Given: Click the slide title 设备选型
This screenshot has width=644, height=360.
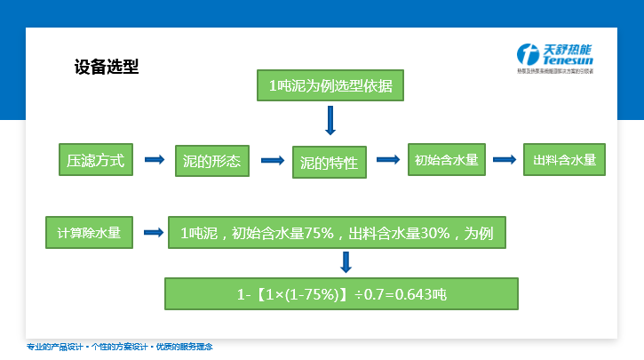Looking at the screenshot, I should (106, 68).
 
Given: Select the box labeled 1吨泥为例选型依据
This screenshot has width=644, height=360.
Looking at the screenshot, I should (330, 86).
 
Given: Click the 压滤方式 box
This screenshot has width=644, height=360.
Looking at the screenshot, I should (95, 161).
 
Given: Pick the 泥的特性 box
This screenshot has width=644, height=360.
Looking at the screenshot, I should (329, 163).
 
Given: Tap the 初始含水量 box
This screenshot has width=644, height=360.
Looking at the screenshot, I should (446, 160).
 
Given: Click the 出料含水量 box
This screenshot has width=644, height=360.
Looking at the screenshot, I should (564, 160).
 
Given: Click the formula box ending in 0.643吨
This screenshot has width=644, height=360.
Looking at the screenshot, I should (340, 293).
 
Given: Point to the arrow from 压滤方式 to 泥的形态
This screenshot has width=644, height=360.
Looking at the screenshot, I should (155, 160).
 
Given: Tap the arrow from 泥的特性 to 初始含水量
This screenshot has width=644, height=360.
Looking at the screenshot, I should (387, 160).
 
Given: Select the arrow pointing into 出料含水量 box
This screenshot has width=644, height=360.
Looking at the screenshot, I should (505, 160).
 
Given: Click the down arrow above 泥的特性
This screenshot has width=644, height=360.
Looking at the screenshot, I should (330, 120).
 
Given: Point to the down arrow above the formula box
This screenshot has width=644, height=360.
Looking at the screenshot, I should (346, 262).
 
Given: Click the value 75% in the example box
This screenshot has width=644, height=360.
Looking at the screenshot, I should (319, 234).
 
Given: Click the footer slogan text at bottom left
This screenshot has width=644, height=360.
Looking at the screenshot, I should (120, 347).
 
